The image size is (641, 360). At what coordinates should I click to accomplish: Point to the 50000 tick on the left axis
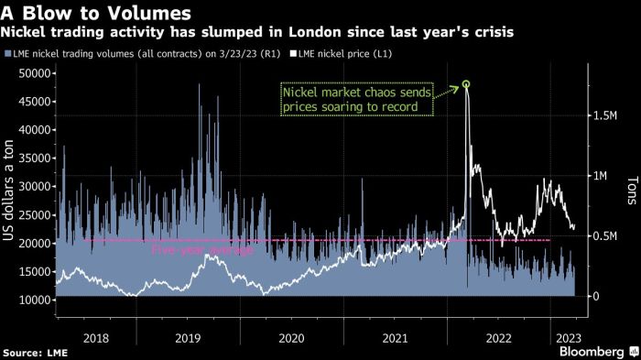pyautogui.click(x=33, y=73)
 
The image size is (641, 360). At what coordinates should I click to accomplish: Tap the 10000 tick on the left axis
pyautogui.click(x=33, y=300)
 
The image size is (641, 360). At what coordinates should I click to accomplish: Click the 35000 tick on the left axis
pyautogui.click(x=33, y=158)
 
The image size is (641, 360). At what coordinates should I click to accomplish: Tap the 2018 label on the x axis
pyautogui.click(x=96, y=338)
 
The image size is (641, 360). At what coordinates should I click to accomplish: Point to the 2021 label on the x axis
pyautogui.click(x=395, y=338)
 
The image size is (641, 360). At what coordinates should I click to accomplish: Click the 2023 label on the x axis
pyautogui.click(x=566, y=338)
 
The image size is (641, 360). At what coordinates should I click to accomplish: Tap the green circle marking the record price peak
pyautogui.click(x=466, y=85)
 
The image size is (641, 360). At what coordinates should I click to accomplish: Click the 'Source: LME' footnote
pyautogui.click(x=35, y=353)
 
